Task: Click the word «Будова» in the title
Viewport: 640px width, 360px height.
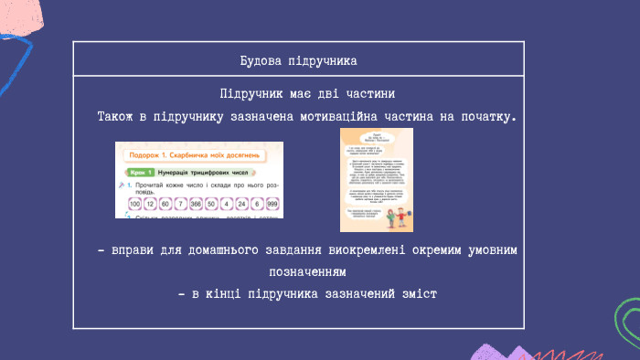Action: coord(261,60)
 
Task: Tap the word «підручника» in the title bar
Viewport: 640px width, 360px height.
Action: coord(320,60)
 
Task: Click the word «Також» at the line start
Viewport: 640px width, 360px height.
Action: coord(117,117)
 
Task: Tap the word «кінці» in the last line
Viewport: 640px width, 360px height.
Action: coord(225,294)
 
